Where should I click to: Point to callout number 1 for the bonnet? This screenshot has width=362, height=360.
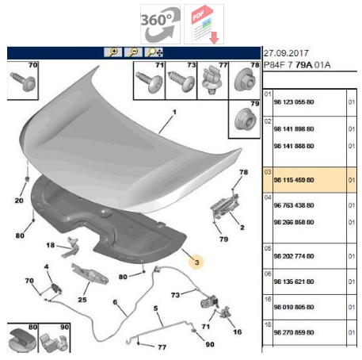(x=167, y=123)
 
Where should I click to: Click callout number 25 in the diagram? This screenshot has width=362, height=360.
(x=82, y=300)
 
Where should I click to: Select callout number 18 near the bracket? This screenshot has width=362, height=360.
(x=49, y=246)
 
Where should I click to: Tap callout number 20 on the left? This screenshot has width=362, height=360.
(x=17, y=201)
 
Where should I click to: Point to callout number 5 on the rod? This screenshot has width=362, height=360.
(x=156, y=308)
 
